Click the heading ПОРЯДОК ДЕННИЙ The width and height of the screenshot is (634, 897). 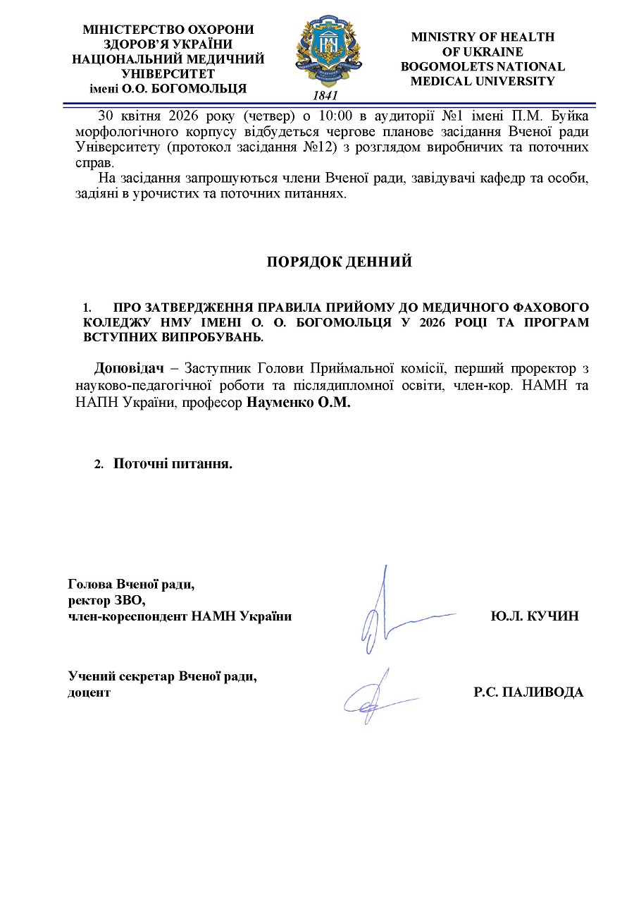[x=339, y=262]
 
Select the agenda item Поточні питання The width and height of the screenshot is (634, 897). [x=173, y=464]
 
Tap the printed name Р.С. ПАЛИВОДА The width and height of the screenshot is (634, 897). [x=528, y=692]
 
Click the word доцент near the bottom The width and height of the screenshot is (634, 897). [x=89, y=692]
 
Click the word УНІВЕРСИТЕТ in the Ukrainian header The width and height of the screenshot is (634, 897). [x=168, y=73]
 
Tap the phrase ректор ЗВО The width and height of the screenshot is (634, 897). [x=106, y=600]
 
